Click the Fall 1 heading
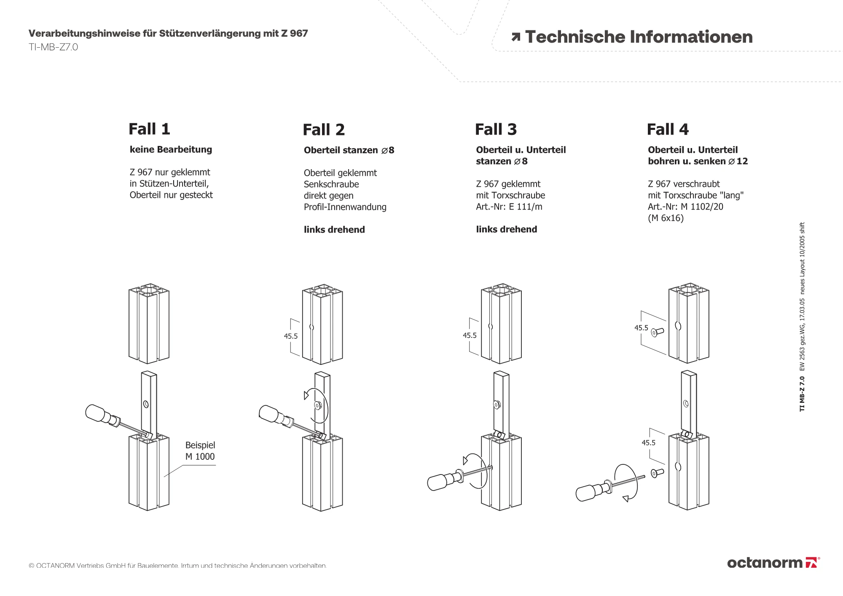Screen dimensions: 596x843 [149, 129]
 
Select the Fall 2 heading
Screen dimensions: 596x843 [324, 130]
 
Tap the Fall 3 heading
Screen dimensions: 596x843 [496, 129]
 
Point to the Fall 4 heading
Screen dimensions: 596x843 [668, 129]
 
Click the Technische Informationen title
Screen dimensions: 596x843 [638, 37]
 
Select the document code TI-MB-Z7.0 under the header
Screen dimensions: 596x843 [53, 47]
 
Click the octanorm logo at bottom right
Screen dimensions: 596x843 [773, 563]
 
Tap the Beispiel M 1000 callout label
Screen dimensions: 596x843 [200, 451]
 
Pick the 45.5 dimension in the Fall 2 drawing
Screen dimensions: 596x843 [291, 336]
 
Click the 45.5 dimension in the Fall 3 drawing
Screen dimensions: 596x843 [470, 335]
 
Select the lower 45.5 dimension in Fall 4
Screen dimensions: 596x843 [648, 443]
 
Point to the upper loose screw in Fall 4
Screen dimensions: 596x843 [657, 332]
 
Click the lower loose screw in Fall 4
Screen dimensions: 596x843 [657, 473]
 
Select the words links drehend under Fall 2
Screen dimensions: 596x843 [334, 230]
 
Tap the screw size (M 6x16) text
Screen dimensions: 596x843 [666, 218]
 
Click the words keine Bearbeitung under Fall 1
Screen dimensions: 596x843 [171, 150]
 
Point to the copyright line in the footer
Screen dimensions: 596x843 [177, 566]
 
